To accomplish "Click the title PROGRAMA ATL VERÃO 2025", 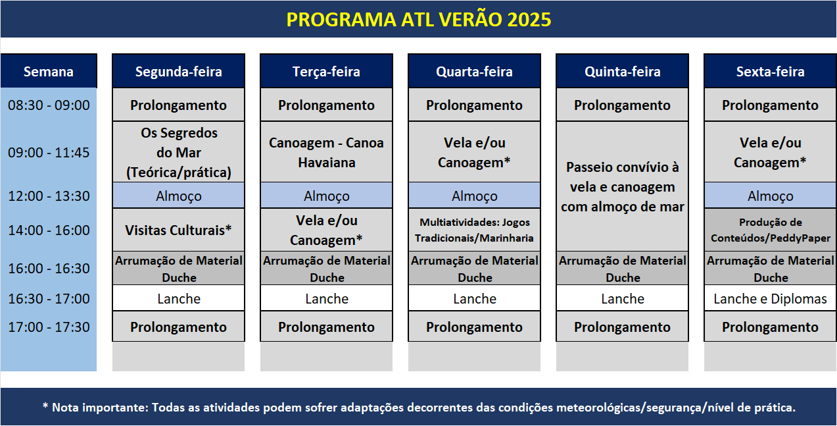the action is pyautogui.click(x=418, y=20).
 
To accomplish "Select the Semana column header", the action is pyautogui.click(x=49, y=71).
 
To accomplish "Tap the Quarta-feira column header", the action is pyautogui.click(x=474, y=71).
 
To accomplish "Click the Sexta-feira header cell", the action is pyautogui.click(x=770, y=71).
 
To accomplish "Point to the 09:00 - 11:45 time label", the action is pyautogui.click(x=49, y=152).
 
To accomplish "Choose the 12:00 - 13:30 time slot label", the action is pyautogui.click(x=49, y=196).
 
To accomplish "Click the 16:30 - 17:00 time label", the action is pyautogui.click(x=49, y=298).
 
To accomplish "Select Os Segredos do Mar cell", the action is pyautogui.click(x=179, y=152).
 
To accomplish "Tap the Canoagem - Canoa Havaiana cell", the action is pyautogui.click(x=326, y=152).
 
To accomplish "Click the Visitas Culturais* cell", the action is pyautogui.click(x=179, y=230).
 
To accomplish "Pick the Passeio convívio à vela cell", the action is pyautogui.click(x=622, y=186).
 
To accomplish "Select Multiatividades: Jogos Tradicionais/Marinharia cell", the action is pyautogui.click(x=474, y=230).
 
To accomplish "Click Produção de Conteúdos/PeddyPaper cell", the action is pyautogui.click(x=770, y=230).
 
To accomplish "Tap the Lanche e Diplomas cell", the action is pyautogui.click(x=770, y=298).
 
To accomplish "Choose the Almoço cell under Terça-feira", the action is pyautogui.click(x=326, y=196).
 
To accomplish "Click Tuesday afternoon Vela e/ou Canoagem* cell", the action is pyautogui.click(x=326, y=230).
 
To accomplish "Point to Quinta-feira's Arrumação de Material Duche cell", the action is pyautogui.click(x=622, y=269).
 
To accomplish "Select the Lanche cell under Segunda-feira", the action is pyautogui.click(x=179, y=298).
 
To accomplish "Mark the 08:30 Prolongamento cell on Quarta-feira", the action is pyautogui.click(x=474, y=105).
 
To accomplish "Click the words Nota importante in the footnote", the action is pyautogui.click(x=100, y=408).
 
